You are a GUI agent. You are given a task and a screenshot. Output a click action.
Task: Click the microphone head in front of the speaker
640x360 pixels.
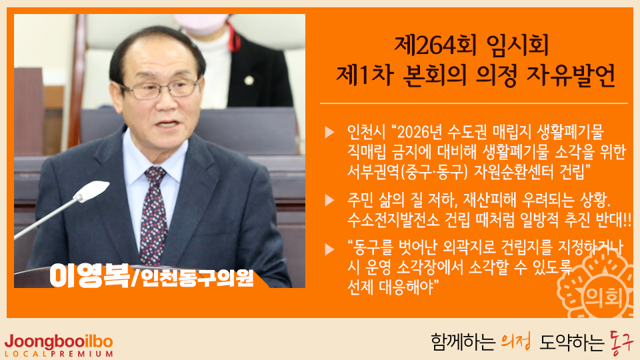pyautogui.click(x=93, y=191)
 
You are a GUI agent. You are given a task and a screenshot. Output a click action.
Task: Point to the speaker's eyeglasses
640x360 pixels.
pyautogui.click(x=160, y=89)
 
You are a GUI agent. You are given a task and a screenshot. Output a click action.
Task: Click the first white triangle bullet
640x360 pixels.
pyautogui.click(x=329, y=132)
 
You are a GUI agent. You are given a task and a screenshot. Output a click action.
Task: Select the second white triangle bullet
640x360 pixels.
pyautogui.click(x=329, y=201)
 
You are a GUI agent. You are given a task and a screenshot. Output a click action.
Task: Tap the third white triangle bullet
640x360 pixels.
pyautogui.click(x=329, y=249)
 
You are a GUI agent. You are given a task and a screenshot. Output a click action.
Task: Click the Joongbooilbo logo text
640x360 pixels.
pyautogui.click(x=59, y=341)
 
